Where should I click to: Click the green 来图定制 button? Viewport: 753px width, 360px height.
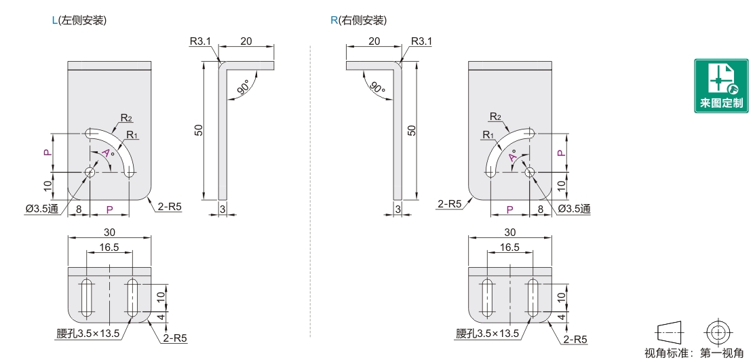tap(720, 86)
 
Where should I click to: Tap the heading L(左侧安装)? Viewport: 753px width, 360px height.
tap(79, 20)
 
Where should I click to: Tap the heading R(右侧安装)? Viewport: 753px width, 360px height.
tap(358, 20)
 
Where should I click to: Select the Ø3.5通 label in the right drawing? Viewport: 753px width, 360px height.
tap(573, 209)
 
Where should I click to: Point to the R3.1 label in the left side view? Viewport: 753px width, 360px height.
tap(201, 41)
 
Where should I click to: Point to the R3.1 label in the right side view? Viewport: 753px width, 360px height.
tap(421, 41)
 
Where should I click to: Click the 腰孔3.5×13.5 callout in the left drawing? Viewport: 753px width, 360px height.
tap(88, 334)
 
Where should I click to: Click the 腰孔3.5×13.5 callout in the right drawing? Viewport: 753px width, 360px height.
tap(488, 334)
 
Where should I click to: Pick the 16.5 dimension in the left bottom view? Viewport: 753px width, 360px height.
tap(109, 247)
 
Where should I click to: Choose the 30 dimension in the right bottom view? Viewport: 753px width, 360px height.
tap(509, 232)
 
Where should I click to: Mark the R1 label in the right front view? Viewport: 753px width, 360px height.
tap(487, 135)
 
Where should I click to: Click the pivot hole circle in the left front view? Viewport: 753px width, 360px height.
tap(90, 172)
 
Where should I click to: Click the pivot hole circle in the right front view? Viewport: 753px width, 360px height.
tap(529, 172)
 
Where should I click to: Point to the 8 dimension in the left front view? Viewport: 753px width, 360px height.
tap(79, 209)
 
